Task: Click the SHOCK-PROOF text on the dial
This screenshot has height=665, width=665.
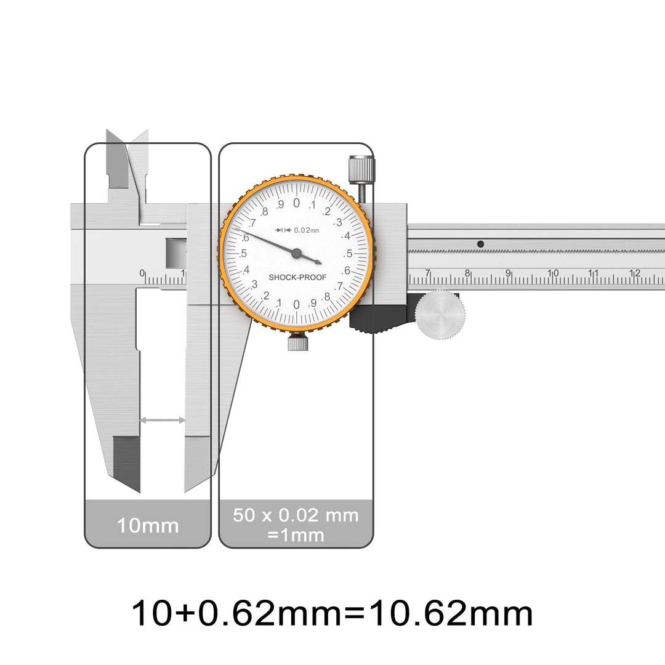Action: tap(297, 277)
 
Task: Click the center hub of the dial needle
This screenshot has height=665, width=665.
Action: tap(296, 254)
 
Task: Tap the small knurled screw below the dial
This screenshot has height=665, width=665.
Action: tap(298, 342)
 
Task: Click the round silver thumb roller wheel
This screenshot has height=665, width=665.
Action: tap(440, 315)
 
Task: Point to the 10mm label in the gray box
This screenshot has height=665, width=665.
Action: tap(148, 525)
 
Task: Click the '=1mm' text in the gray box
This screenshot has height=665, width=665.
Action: tap(296, 535)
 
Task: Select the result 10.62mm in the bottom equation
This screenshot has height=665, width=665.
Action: tap(451, 613)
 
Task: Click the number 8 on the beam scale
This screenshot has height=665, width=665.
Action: tap(467, 273)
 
